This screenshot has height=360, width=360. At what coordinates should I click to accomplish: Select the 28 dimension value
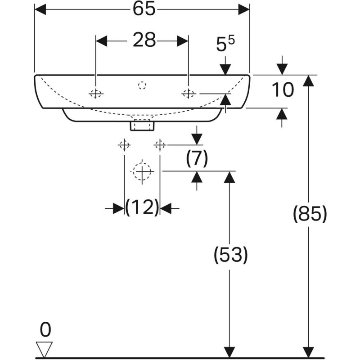pos(144,41)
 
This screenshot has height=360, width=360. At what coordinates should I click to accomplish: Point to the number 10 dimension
pos(283,90)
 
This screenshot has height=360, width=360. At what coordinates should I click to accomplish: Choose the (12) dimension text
pos(142,207)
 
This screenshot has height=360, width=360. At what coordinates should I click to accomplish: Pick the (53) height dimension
pos(230,255)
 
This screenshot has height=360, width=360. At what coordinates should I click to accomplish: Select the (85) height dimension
pos(309,214)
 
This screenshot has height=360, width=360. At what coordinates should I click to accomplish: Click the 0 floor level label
pos(45,330)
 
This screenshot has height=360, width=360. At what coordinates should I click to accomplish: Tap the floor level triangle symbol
pos(45,348)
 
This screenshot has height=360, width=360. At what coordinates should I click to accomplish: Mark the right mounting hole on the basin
pos(188,94)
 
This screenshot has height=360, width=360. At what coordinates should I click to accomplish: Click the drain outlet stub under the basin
pos(142,125)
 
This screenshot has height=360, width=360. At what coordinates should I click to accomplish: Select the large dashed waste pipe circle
pos(143,171)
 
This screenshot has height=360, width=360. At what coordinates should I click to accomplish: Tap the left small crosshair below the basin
pos(124,145)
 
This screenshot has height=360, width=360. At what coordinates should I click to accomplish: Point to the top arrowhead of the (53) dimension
pos(229,177)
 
